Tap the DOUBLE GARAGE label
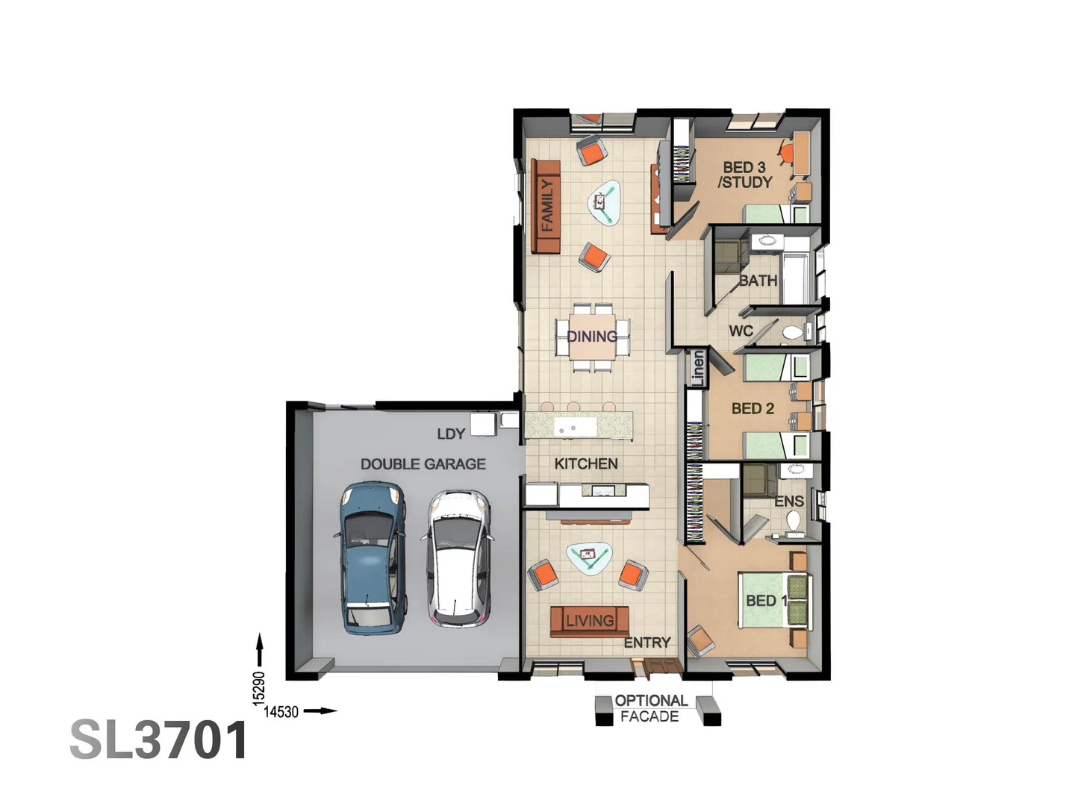423,464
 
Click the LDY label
451,434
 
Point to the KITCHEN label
586,463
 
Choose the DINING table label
592,337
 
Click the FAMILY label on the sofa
547,206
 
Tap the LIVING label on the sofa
590,620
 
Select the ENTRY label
647,643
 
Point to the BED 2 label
752,408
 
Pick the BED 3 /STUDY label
744,175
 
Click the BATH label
758,281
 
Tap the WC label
741,331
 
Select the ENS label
788,501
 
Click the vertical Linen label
697,368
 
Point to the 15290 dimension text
259,688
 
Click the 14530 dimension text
281,712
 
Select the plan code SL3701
159,740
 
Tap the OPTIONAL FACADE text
650,708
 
